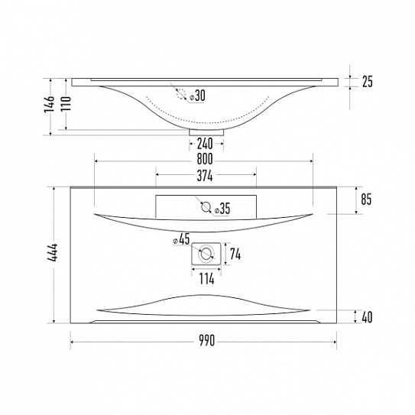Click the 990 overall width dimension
tap(206, 341)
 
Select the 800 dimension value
tap(205, 159)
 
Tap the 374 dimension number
tap(205, 176)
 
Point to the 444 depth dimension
tap(53, 252)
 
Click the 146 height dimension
tap(49, 104)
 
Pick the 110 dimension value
tap(66, 104)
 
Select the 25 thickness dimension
tap(368, 82)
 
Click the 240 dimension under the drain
tap(205, 144)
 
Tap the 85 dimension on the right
tap(366, 199)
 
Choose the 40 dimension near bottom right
tap(367, 317)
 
